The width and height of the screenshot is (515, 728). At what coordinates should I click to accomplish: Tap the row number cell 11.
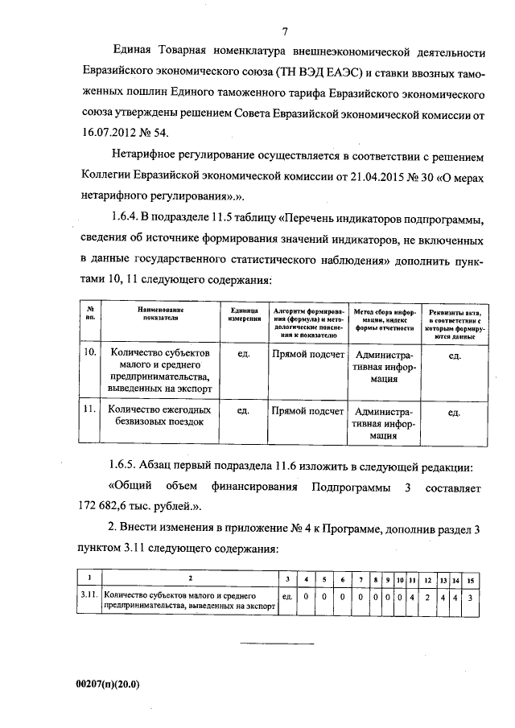pos(90,409)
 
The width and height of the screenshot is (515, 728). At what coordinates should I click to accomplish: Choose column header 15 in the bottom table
pos(471,579)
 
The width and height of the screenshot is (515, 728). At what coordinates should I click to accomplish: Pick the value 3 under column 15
pos(471,597)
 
